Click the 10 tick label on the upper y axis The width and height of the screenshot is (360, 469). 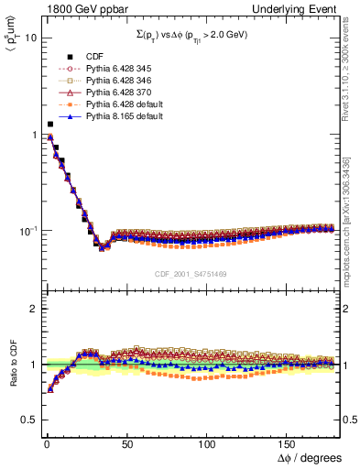(x=29, y=38)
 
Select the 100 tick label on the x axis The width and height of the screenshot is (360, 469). (x=207, y=442)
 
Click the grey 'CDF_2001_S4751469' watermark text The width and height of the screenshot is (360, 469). (x=191, y=274)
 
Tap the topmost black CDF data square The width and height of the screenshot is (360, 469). (x=49, y=124)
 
